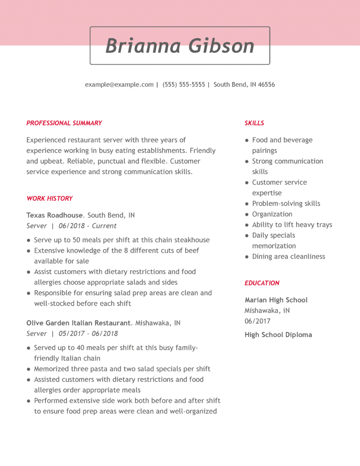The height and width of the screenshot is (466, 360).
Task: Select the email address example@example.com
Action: pos(119,85)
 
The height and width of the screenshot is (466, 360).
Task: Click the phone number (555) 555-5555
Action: pos(184,85)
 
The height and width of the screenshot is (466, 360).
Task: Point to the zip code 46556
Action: pos(266,85)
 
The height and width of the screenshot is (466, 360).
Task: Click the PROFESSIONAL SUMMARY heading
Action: pos(64,123)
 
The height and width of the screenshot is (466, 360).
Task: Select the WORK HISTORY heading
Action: pos(50,198)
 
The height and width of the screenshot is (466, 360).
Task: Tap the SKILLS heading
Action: pos(254,123)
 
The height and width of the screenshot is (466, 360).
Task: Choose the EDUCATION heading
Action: pos(262,283)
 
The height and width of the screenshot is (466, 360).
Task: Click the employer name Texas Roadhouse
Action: pos(55,215)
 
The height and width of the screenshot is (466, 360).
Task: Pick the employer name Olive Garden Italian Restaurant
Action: pos(79,323)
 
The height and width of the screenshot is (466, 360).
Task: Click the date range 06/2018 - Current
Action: pos(87,226)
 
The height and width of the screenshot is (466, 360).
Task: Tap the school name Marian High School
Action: pos(276,300)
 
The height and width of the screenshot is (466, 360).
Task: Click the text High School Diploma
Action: pos(279,335)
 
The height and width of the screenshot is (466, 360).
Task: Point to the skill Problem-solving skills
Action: pos(286,203)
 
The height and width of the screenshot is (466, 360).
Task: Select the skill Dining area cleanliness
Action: pos(289,257)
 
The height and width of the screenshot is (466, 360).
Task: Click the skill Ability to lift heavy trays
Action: pos(292,225)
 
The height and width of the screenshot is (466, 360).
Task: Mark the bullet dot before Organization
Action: pos(247,214)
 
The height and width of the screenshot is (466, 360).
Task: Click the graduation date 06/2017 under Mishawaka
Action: pos(258,321)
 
